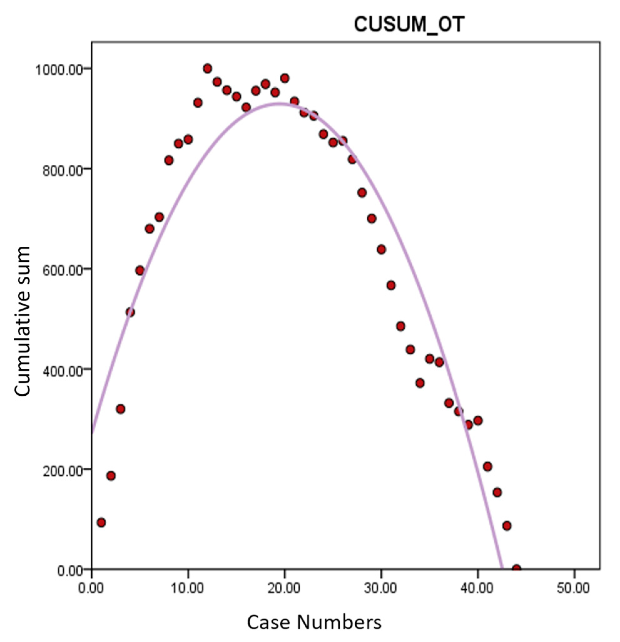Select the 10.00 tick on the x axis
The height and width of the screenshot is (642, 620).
tap(188, 588)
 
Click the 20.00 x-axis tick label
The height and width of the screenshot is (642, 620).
tap(284, 588)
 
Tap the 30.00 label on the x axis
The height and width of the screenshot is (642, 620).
tap(381, 588)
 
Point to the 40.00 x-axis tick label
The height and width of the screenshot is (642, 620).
tap(477, 588)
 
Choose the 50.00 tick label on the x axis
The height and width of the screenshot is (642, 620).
tap(573, 588)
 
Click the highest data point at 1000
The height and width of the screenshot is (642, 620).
tap(207, 69)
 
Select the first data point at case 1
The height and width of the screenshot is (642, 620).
tap(101, 522)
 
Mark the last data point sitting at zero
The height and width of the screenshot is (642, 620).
tap(516, 569)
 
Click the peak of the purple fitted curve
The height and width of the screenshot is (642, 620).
tap(278, 104)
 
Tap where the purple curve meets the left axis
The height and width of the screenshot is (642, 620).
tap(92, 433)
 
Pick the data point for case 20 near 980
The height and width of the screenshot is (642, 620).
tap(284, 78)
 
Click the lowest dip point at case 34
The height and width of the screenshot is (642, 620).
tap(420, 383)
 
